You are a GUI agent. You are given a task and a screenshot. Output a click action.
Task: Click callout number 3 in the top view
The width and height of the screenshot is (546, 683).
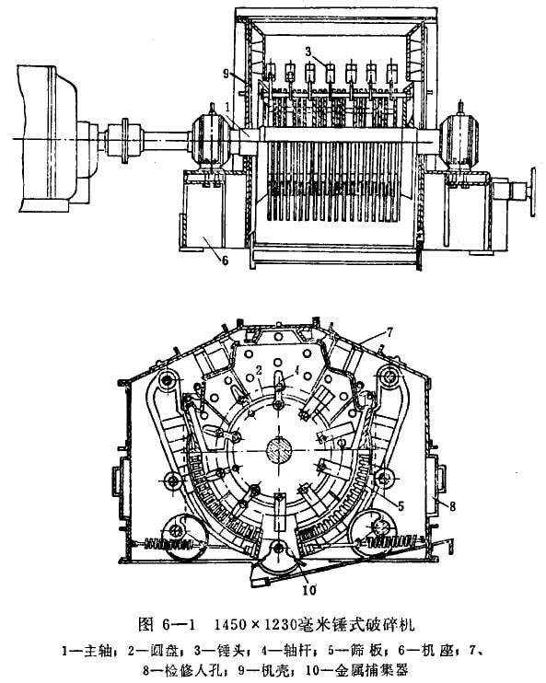[x=308, y=52]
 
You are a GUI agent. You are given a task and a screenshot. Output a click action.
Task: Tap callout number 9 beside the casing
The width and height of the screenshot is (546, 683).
[x=226, y=74]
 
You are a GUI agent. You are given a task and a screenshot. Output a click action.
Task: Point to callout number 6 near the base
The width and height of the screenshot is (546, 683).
[x=225, y=260]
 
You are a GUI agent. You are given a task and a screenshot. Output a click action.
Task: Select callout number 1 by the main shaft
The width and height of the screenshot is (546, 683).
[x=227, y=106]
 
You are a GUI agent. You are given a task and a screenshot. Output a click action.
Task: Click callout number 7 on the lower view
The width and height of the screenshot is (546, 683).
[x=389, y=333]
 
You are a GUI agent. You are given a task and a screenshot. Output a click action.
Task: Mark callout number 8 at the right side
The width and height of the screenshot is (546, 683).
[x=453, y=506]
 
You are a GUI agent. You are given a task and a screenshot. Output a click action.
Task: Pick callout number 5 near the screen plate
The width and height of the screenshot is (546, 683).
[x=401, y=505]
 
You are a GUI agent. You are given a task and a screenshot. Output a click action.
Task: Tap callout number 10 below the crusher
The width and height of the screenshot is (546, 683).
[x=309, y=590]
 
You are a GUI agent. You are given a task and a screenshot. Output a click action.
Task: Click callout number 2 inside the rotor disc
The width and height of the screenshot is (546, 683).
[x=259, y=371]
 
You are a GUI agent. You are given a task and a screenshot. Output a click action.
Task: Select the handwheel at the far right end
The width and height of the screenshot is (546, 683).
[x=532, y=191]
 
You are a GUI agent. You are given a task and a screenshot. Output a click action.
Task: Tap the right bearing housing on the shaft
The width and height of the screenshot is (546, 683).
[x=459, y=138]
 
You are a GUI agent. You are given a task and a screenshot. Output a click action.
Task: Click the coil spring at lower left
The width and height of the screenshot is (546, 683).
[x=168, y=544]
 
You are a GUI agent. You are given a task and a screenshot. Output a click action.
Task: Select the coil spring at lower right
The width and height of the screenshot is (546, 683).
[x=391, y=542]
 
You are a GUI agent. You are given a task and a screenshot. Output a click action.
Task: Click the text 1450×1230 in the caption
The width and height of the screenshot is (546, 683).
[x=256, y=625]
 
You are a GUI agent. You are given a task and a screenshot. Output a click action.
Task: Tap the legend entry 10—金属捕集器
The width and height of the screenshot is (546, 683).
[x=357, y=669]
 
